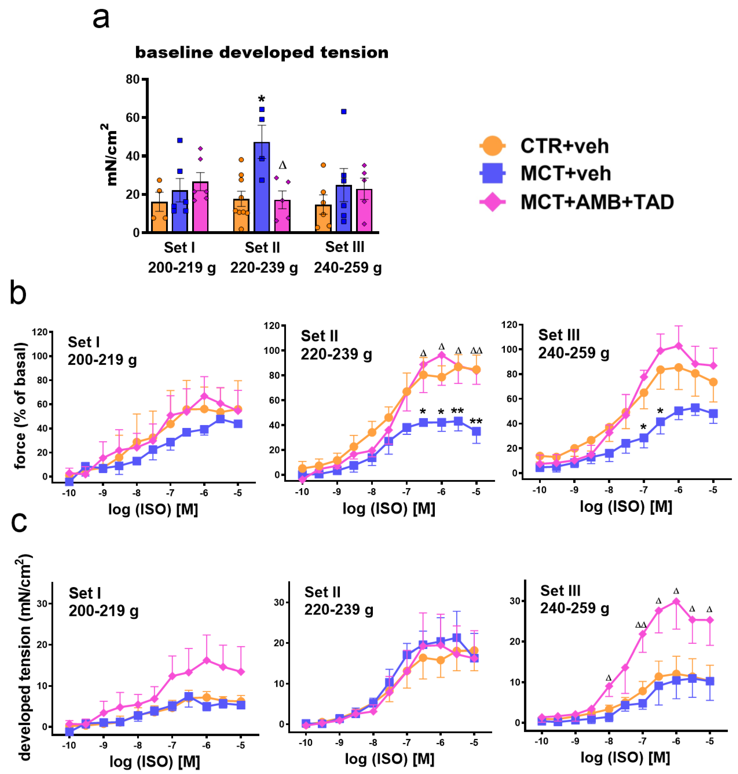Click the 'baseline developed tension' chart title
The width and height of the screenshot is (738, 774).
(262, 53)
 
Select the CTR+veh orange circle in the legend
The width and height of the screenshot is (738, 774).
(492, 146)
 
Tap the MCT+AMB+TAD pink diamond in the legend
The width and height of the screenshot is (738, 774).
(492, 202)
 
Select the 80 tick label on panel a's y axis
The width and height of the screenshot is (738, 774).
(133, 79)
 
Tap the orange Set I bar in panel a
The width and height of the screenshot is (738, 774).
(159, 217)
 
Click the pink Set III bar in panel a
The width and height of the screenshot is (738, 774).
(364, 211)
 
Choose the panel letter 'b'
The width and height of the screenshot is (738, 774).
(18, 293)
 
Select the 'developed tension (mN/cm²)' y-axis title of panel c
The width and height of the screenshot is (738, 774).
(24, 657)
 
